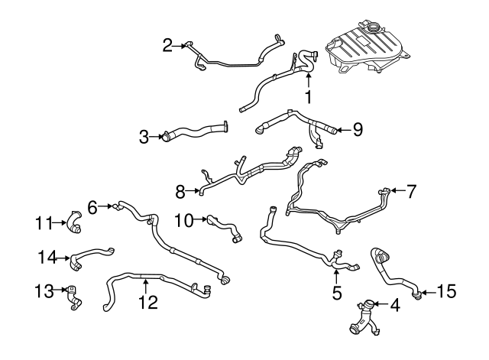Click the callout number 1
click(308, 97)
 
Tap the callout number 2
click(167, 46)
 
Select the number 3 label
click(144, 137)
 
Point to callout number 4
click(395, 305)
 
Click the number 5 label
click(337, 293)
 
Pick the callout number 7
click(411, 191)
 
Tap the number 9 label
click(358, 129)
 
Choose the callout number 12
click(148, 302)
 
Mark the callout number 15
click(446, 291)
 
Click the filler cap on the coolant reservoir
click(372, 28)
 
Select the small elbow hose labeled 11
click(74, 222)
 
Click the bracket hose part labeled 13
click(74, 298)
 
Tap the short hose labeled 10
click(225, 229)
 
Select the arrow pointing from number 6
click(105, 206)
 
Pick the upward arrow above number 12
click(145, 287)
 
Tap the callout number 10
click(184, 221)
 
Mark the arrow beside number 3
click(157, 136)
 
